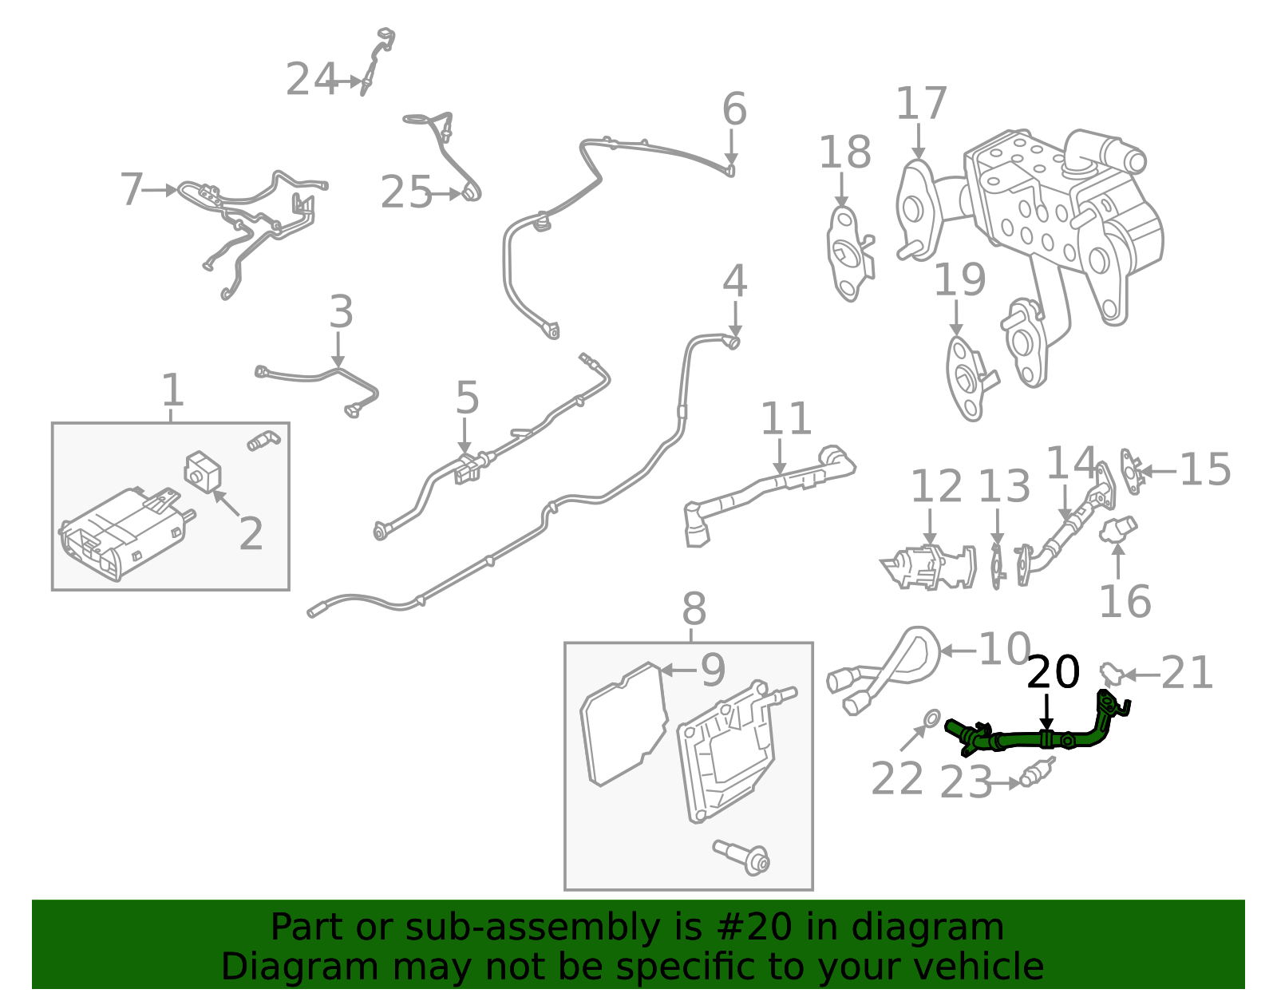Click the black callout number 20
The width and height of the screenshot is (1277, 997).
[x=1053, y=672]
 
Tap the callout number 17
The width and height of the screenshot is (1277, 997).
[x=921, y=105]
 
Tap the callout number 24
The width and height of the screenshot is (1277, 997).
[x=311, y=80]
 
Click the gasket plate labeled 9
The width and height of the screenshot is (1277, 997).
[x=625, y=723]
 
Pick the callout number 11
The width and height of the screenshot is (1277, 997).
[x=785, y=419]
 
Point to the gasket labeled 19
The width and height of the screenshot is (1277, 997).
[x=967, y=375]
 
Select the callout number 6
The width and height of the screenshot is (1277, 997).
[x=733, y=109]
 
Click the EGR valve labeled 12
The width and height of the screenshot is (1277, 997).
[x=928, y=566]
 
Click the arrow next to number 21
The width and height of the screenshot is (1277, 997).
[x=1141, y=675]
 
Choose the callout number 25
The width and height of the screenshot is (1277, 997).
[x=405, y=193]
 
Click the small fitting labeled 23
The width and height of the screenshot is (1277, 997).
[x=1035, y=773]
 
